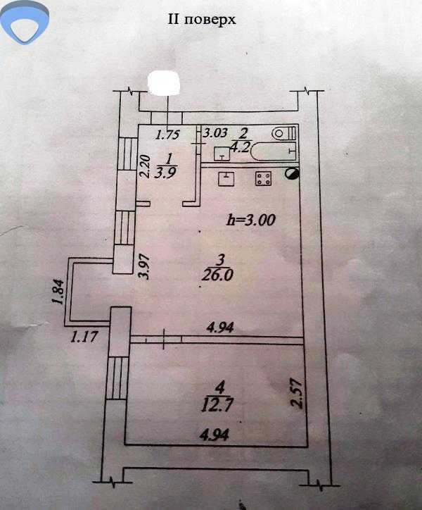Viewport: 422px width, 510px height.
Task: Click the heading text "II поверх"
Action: pyautogui.click(x=201, y=20)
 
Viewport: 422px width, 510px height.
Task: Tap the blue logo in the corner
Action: pyautogui.click(x=25, y=23)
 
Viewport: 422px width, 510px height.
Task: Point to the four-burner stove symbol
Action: pyautogui.click(x=264, y=180)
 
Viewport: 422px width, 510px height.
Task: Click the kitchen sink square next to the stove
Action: pyautogui.click(x=226, y=178)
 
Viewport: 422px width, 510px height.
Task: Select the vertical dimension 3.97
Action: pyautogui.click(x=145, y=266)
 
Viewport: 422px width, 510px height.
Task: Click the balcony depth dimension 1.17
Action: pyautogui.click(x=83, y=337)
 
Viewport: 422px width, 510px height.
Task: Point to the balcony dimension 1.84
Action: pyautogui.click(x=57, y=293)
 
